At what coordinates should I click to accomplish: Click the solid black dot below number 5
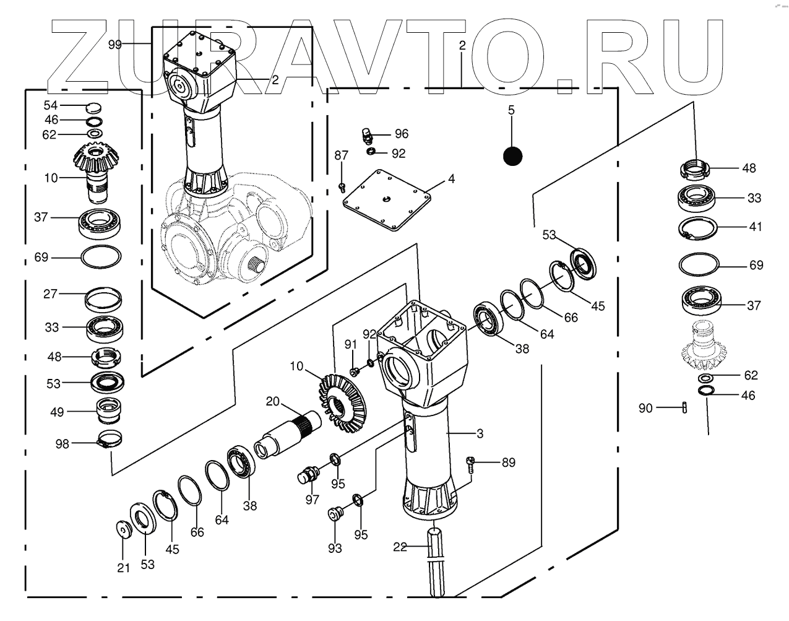(x=512, y=156)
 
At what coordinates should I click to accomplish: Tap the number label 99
(x=115, y=44)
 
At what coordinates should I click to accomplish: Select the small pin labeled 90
(x=684, y=407)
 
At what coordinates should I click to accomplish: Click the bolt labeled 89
(x=471, y=464)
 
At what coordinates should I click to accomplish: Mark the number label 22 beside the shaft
(x=400, y=547)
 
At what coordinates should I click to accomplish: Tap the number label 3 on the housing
(x=480, y=432)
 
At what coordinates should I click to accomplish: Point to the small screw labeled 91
(x=355, y=371)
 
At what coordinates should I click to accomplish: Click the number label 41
(x=755, y=227)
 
